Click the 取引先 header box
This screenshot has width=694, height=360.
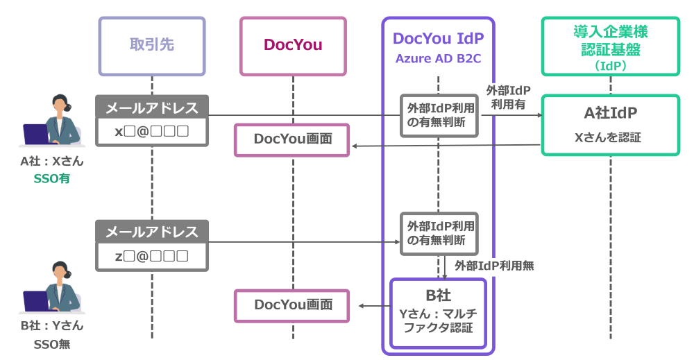152,46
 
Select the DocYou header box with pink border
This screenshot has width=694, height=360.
293,46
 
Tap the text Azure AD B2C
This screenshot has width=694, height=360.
438,58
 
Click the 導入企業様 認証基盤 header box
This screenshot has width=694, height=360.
611,46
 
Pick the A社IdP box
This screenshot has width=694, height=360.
611,125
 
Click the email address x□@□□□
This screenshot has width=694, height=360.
152,132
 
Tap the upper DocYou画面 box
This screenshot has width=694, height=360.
292,139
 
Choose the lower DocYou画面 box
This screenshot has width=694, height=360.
292,305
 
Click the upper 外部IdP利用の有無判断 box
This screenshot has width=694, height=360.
439,115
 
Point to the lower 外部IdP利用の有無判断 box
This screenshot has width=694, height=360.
439,234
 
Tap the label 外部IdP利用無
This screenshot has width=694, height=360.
493,266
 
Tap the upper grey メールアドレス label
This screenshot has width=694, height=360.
152,108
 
